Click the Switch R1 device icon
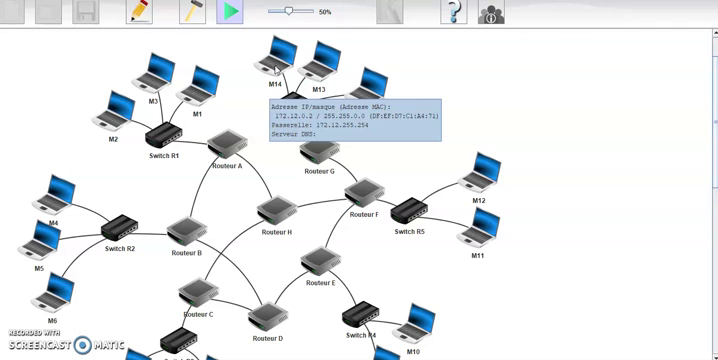tap(163, 137)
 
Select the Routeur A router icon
tap(227, 145)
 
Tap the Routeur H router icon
tap(275, 211)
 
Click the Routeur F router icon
tap(363, 193)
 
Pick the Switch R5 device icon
tap(408, 211)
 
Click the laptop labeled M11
tap(479, 229)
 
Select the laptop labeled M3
tap(155, 74)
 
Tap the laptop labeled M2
tap(114, 111)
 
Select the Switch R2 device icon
tap(119, 229)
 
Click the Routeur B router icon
tap(186, 232)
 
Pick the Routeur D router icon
tap(267, 318)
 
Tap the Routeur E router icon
tap(320, 262)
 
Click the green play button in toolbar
tap(230, 12)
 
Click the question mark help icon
tap(453, 12)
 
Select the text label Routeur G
tap(319, 171)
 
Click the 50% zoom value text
tap(325, 12)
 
